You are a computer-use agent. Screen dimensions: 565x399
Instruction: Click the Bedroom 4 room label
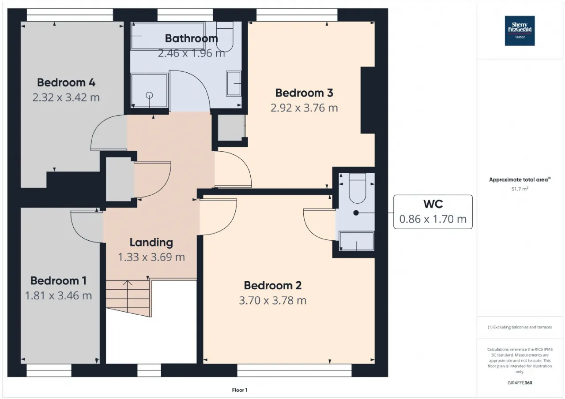click(x=66, y=82)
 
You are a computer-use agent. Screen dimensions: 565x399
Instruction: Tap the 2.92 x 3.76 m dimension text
click(x=304, y=108)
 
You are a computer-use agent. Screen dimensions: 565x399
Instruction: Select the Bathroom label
click(x=192, y=38)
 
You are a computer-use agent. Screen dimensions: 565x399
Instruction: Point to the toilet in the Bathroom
click(x=225, y=36)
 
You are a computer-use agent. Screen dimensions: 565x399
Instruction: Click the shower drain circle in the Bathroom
click(x=149, y=96)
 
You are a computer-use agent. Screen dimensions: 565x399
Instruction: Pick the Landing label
click(x=151, y=242)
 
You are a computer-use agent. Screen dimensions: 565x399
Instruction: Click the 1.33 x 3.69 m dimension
click(x=151, y=257)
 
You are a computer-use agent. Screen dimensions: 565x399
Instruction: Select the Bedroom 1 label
click(x=59, y=280)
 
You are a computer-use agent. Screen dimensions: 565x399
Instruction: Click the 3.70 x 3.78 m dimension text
click(x=273, y=301)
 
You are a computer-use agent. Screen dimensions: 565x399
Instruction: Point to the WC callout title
click(x=433, y=204)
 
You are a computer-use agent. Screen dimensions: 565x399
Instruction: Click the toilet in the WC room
click(x=357, y=188)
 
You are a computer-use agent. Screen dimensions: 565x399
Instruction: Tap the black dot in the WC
click(x=356, y=213)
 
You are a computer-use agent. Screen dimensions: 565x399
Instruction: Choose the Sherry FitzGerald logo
click(x=520, y=31)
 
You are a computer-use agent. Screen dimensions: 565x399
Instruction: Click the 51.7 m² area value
click(x=520, y=189)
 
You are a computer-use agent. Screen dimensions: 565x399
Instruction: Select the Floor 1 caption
click(x=240, y=390)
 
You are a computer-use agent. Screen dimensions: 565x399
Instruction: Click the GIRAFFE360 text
click(x=520, y=383)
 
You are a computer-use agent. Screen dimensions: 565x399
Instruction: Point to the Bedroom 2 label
click(x=273, y=285)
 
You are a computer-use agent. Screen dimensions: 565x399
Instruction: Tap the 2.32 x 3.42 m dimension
click(x=66, y=97)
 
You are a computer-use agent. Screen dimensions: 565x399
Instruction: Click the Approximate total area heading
click(x=520, y=179)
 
